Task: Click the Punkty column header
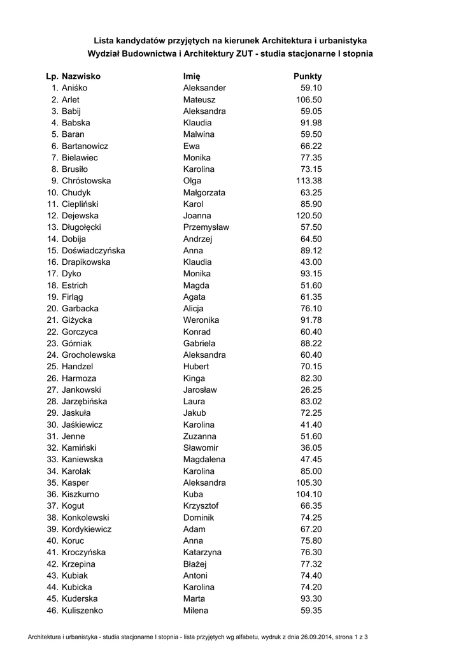coord(308,76)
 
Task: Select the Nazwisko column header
coord(81,76)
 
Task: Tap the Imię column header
coord(192,76)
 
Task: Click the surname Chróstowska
coord(86,181)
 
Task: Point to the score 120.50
coord(309,216)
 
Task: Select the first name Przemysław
coord(206,227)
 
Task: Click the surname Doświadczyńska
coord(93,250)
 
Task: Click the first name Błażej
coord(195,564)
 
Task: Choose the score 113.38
coord(309,181)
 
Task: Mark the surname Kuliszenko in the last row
coord(82,611)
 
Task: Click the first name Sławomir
coord(201,448)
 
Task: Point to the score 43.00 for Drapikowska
coord(311,262)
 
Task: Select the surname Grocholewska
coord(89,355)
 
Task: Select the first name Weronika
coord(201,320)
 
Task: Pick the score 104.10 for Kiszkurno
coord(309,494)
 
